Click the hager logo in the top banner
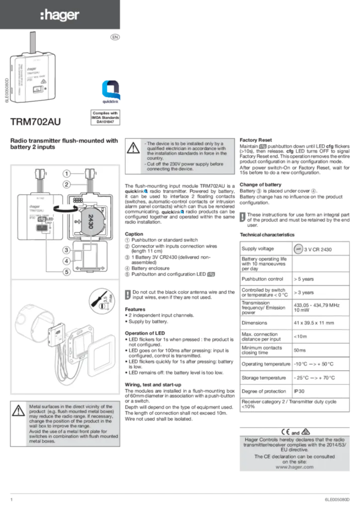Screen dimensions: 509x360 click(x=59, y=16)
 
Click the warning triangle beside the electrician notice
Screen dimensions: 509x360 click(x=133, y=148)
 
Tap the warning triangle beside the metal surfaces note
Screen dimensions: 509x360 click(x=18, y=411)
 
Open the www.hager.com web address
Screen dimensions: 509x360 click(x=294, y=467)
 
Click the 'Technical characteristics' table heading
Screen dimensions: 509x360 click(x=268, y=235)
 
